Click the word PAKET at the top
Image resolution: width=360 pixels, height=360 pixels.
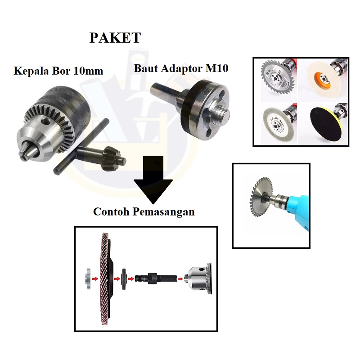pos(115,37)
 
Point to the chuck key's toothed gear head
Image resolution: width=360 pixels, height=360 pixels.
pos(115,159)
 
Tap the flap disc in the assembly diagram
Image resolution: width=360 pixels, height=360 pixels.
pos(107,277)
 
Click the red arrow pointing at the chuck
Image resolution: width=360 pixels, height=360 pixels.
pos(181,279)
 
